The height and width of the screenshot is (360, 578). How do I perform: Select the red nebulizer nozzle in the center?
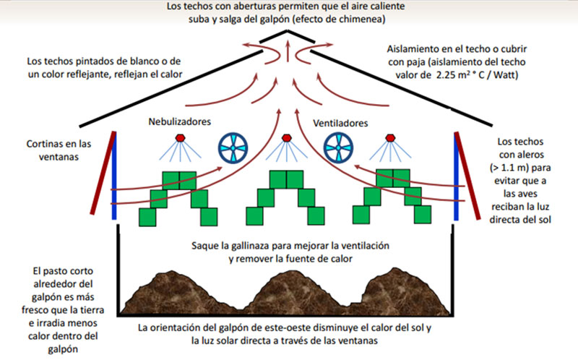click(x=287, y=137)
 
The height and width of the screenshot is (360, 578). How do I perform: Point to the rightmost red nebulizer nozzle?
click(x=392, y=137)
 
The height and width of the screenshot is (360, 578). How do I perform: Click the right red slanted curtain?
click(x=467, y=173)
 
